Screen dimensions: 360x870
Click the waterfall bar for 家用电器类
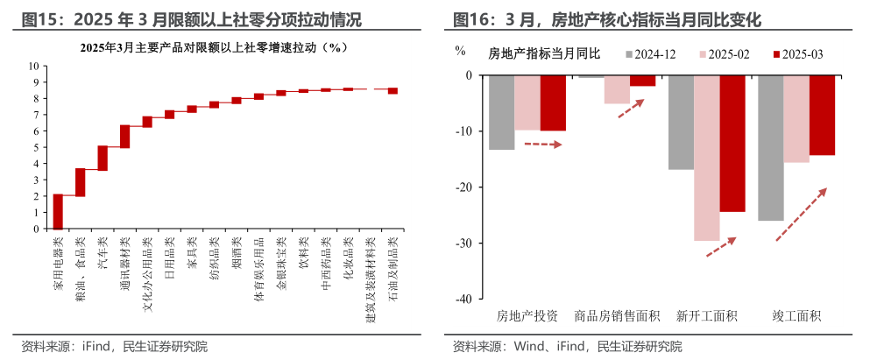click(58, 211)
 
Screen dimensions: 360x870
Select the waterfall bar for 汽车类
click(103, 158)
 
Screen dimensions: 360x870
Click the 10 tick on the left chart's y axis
click(35, 66)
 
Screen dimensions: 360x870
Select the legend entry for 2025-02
click(726, 54)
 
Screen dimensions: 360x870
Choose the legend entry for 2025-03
click(800, 54)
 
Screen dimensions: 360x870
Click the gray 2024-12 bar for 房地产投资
click(501, 112)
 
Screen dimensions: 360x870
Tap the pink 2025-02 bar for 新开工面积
click(706, 158)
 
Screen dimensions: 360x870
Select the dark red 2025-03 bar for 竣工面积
click(822, 115)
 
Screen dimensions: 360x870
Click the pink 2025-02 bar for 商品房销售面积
click(617, 89)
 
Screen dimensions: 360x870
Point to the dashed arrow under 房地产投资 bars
click(542, 144)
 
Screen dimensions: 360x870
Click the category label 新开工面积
click(706, 315)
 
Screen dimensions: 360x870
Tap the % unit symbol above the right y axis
click(460, 50)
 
